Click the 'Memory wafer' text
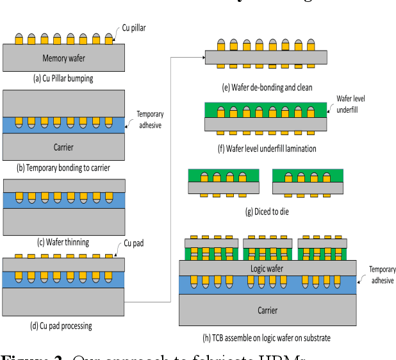click(x=63, y=59)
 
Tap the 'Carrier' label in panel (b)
click(x=63, y=147)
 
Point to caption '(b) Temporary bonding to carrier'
click(x=63, y=168)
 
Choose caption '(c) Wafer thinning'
click(x=63, y=242)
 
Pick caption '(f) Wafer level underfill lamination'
click(x=267, y=149)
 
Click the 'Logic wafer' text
click(x=268, y=268)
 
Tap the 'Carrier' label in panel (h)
click(x=268, y=310)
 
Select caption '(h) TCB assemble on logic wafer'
click(x=266, y=338)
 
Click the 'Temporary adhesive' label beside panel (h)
click(x=381, y=275)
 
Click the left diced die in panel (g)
click(x=224, y=182)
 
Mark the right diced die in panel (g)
click(x=308, y=182)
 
